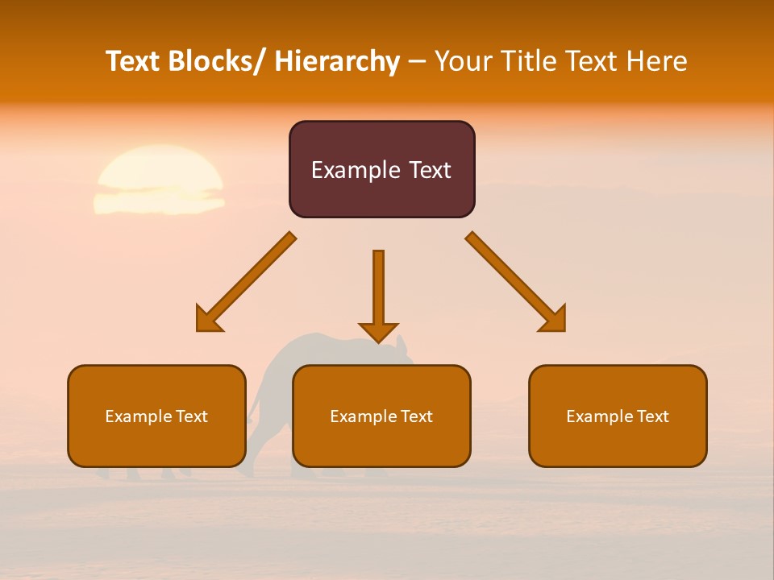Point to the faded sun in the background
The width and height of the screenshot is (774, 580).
pos(159,180)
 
